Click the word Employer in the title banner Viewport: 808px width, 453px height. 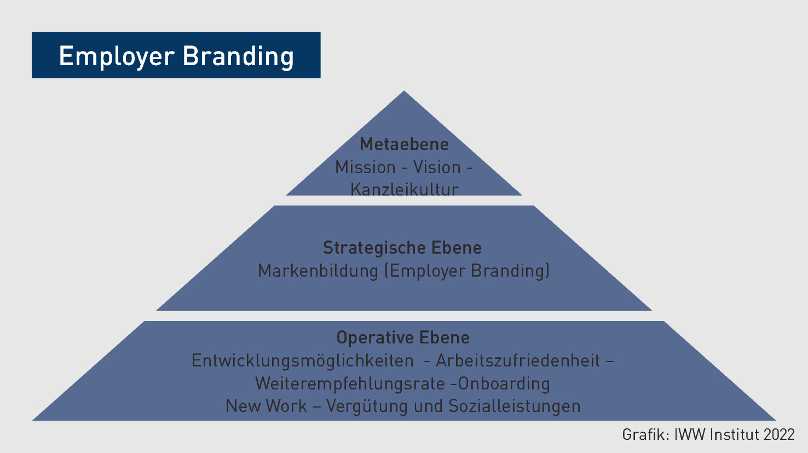click(117, 56)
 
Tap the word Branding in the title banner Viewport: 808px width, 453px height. click(239, 56)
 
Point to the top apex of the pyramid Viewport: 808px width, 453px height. click(404, 91)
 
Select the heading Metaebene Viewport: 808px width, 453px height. click(404, 144)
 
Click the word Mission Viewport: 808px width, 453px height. click(365, 168)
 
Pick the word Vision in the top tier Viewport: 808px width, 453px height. click(437, 168)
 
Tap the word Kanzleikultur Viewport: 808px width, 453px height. click(405, 189)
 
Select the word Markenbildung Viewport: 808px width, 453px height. click(318, 271)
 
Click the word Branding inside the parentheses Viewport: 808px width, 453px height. click(508, 271)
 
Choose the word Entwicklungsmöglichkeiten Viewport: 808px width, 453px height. click(302, 360)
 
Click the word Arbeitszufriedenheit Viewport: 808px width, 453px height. click(518, 360)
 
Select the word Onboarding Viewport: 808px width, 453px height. click(504, 383)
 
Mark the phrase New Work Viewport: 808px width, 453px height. click(266, 406)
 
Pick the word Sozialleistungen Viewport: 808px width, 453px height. click(515, 406)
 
